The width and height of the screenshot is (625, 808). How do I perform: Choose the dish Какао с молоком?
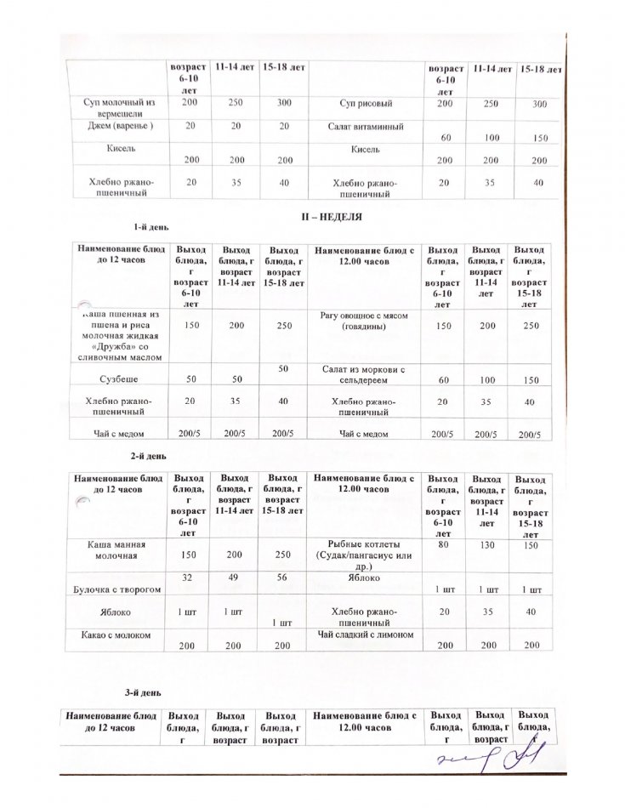point(114,634)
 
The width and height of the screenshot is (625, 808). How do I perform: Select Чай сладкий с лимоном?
point(366,634)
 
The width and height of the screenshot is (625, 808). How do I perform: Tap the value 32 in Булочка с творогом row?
point(185,576)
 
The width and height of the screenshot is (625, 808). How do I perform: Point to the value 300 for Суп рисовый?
point(538,104)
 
